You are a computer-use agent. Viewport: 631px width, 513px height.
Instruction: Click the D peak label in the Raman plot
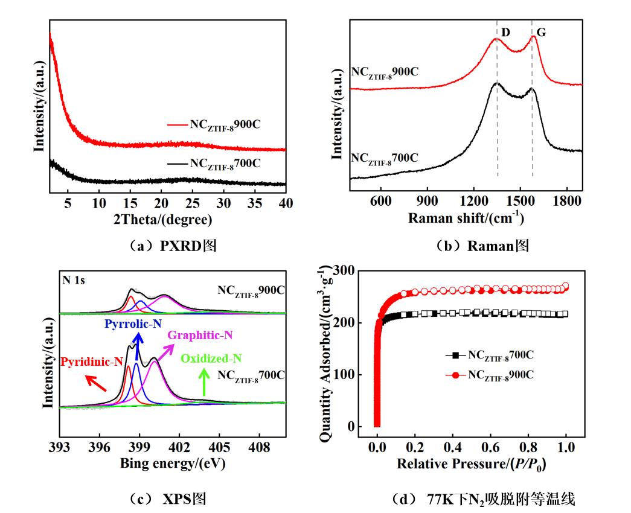[x=505, y=33]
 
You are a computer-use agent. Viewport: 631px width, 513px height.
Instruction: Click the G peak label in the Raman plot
[x=541, y=33]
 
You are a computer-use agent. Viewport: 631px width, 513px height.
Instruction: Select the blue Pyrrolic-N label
[x=132, y=323]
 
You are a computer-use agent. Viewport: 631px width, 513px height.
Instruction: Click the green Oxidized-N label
[x=211, y=358]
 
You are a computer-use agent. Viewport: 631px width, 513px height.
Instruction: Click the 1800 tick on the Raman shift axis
[x=566, y=201]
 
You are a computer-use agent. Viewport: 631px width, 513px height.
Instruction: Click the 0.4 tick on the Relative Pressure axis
[x=452, y=447]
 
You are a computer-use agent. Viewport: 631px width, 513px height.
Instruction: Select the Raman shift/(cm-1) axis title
[x=466, y=218]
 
